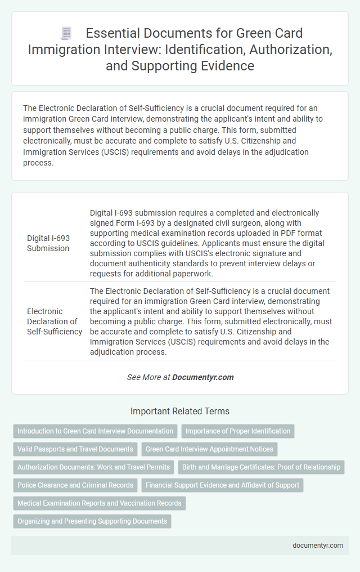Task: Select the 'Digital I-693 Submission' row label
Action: coord(49,243)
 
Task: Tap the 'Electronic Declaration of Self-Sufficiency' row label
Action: coord(55,321)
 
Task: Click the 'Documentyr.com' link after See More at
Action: coord(203,377)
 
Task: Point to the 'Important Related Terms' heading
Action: coord(180,411)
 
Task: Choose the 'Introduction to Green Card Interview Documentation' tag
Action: coord(95,431)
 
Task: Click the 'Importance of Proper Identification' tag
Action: coord(238,431)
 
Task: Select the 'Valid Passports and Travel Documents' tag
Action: coord(75,449)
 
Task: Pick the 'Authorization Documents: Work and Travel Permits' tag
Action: coord(93,467)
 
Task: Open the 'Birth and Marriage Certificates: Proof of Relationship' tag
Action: coord(261,467)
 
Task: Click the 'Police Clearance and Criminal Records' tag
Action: coord(75,485)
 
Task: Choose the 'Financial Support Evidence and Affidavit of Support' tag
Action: coord(223,485)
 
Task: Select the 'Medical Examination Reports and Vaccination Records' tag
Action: coord(100,503)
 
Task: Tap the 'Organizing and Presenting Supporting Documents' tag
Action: coord(92,521)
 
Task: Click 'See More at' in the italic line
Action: coord(148,377)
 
